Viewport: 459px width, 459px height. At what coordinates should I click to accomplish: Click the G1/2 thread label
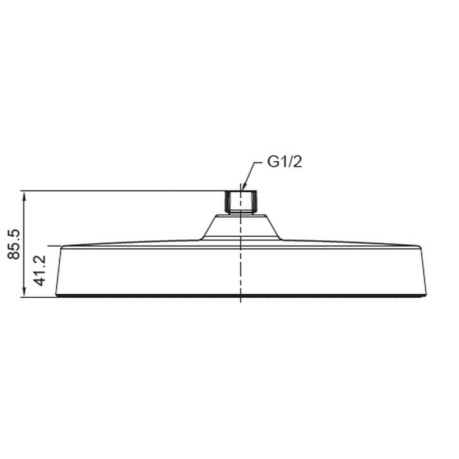pos(285,162)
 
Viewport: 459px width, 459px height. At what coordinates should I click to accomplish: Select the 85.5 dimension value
pos(15,243)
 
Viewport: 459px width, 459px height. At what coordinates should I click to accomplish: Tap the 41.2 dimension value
pos(40,271)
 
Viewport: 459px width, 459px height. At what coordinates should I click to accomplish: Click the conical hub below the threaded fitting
pos(240,227)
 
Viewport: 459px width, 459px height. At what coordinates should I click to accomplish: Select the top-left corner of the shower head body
pos(62,247)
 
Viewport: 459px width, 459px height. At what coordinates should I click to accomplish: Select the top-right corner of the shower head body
pos(420,247)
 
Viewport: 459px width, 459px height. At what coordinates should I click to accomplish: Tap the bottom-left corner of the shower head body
pos(56,295)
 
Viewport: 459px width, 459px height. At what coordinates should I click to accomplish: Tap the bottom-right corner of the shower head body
pos(426,295)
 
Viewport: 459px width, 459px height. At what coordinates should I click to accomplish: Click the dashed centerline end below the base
pos(240,301)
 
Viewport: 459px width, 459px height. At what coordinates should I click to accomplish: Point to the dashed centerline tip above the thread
pos(240,185)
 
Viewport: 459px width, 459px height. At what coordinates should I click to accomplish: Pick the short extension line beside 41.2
pos(54,246)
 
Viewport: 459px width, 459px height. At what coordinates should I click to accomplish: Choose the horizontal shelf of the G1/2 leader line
pos(258,162)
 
